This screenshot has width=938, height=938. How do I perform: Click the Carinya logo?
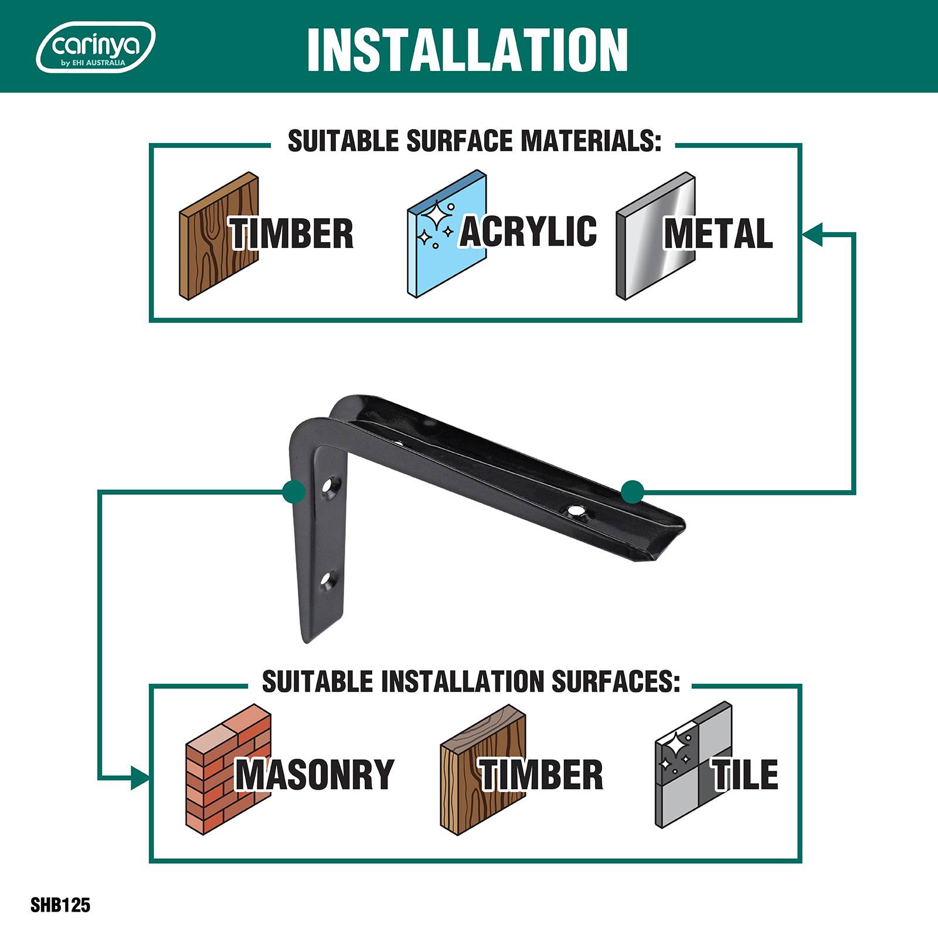[x=96, y=47]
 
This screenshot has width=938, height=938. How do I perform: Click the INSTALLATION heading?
[x=467, y=49]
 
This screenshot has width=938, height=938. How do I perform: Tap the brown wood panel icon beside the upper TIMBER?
[x=219, y=236]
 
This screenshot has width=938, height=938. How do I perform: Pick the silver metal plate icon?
[x=655, y=236]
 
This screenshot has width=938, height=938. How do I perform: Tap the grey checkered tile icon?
[x=694, y=765]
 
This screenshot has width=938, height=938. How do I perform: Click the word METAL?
[x=718, y=233]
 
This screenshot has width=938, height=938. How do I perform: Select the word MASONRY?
[x=315, y=774]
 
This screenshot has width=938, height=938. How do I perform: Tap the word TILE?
[x=745, y=774]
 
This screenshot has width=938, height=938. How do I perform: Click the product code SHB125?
[x=60, y=906]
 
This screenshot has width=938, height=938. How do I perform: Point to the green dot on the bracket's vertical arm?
[x=293, y=491]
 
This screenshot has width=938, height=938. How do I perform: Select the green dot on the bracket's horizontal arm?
[x=633, y=491]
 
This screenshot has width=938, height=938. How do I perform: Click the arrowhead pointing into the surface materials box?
[x=813, y=233]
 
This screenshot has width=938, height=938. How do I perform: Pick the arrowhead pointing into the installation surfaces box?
[x=141, y=779]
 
